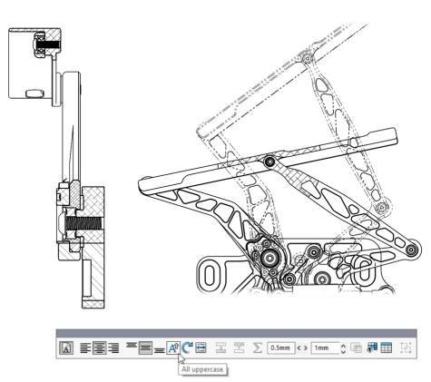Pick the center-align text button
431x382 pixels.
tap(99, 348)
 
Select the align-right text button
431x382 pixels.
tap(112, 348)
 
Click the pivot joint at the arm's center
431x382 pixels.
tap(269, 162)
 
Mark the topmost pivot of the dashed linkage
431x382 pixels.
tap(308, 59)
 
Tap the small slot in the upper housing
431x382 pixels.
tap(34, 92)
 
